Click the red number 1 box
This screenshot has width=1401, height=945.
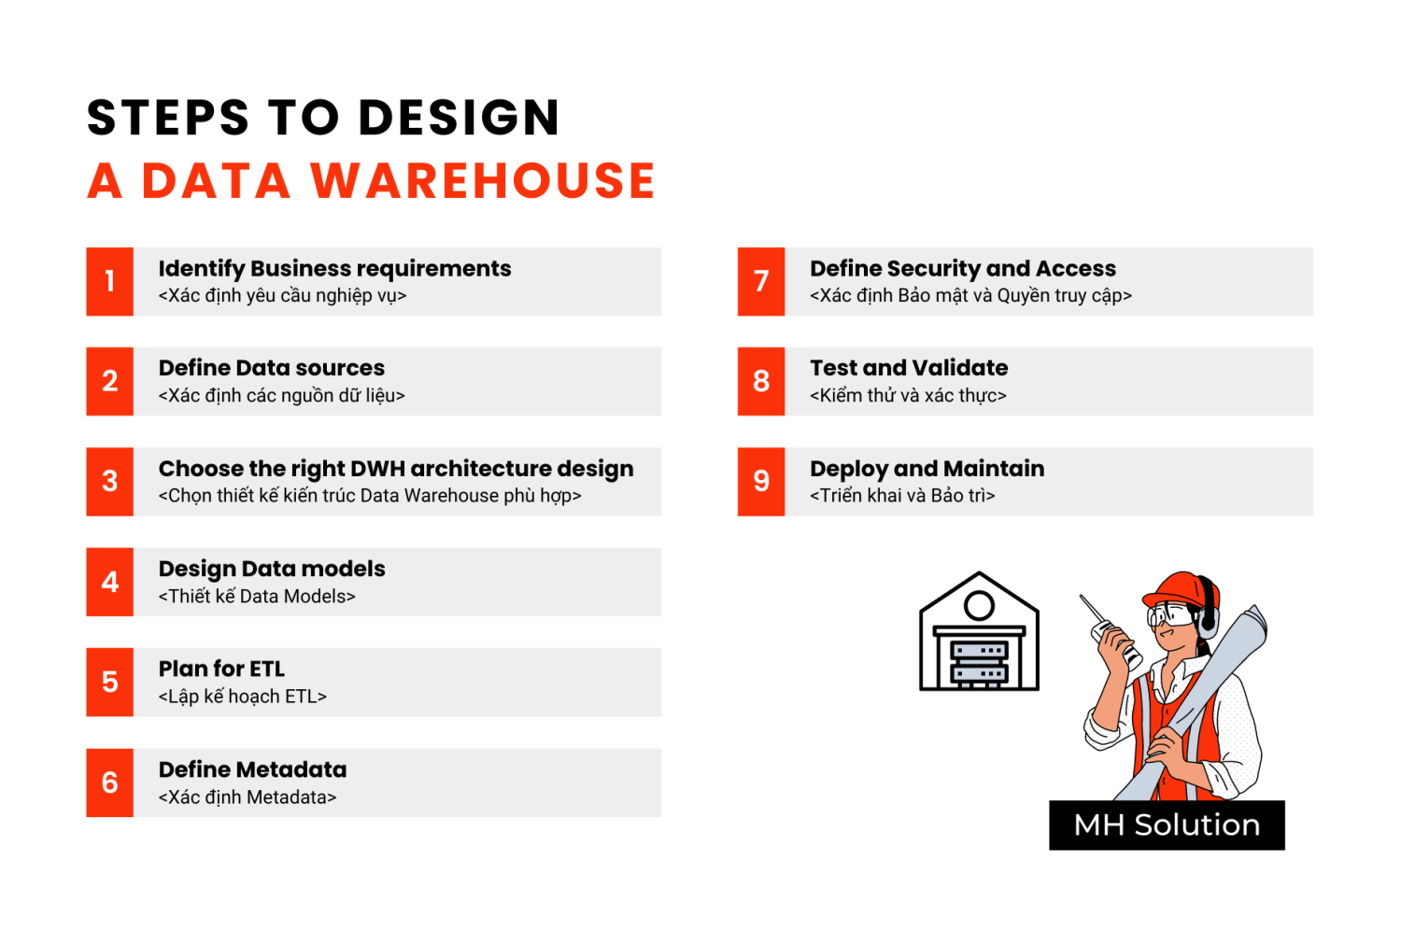point(109,281)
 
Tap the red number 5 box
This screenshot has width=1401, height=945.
point(109,683)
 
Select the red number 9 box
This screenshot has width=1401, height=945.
point(760,482)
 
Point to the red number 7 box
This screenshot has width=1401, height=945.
point(760,281)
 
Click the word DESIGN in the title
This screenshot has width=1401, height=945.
point(460,118)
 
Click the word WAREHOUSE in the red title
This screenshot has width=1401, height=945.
point(482,181)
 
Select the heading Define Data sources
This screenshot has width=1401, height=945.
point(272,368)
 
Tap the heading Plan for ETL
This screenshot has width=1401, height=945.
point(221,669)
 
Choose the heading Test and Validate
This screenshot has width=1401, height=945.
point(909,368)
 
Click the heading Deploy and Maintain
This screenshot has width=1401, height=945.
point(927,469)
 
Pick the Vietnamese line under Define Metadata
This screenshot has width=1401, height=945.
point(248,797)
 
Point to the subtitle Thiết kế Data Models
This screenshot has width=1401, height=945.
point(257,596)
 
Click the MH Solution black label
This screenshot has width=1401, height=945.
point(1167,825)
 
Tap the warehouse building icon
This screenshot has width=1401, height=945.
point(979,631)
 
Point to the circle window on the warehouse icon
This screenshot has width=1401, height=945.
point(979,605)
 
